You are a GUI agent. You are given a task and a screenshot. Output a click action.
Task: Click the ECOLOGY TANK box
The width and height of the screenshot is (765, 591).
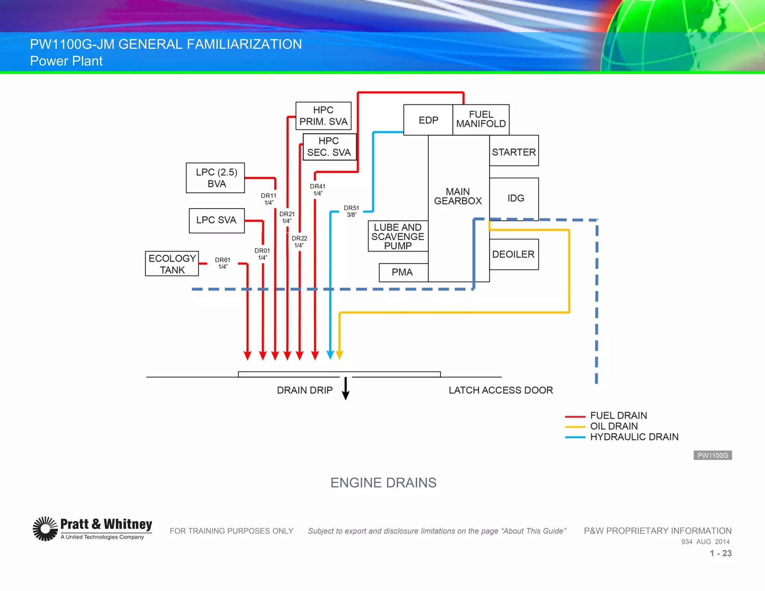click(x=172, y=264)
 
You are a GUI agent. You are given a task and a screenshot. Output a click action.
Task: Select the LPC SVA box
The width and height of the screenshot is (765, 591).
click(x=217, y=220)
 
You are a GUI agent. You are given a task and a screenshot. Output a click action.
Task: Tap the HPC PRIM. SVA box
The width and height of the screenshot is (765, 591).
click(x=323, y=116)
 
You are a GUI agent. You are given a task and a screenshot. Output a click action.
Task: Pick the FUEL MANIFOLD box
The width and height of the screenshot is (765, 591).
click(x=481, y=120)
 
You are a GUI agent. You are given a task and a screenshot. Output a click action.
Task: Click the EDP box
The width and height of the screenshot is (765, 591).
click(x=428, y=120)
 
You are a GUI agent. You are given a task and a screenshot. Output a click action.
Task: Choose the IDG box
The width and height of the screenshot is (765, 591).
click(x=514, y=198)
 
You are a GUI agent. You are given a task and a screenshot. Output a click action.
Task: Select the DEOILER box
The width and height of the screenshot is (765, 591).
click(x=514, y=254)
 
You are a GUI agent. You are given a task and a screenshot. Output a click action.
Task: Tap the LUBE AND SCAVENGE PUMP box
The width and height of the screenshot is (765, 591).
click(x=398, y=236)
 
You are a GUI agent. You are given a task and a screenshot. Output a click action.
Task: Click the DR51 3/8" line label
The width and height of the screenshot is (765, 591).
click(x=351, y=211)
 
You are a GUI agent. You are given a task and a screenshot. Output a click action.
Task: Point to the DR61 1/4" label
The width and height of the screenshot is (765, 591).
click(x=223, y=263)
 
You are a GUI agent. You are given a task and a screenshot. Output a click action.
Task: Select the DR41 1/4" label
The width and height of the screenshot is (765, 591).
click(x=318, y=189)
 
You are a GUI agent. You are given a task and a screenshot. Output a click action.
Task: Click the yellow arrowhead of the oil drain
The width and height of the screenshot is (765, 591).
click(x=339, y=355)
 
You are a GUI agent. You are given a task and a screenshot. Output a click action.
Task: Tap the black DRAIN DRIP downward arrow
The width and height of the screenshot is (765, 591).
click(x=346, y=389)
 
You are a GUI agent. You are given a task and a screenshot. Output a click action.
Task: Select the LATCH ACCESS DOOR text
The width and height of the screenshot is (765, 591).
click(x=501, y=390)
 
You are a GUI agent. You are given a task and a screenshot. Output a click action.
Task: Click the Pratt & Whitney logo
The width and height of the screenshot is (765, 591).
click(x=92, y=529)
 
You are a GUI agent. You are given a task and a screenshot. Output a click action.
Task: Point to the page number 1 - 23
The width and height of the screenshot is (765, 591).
click(x=721, y=553)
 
